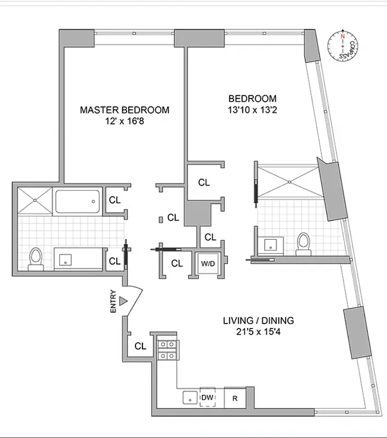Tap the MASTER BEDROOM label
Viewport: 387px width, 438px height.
124,110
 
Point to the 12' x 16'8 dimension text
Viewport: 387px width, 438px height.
124,122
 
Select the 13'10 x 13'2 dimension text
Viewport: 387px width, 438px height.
252,110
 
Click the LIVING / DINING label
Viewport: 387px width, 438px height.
258,320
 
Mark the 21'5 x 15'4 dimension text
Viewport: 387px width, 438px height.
258,332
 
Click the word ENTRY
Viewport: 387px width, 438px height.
113,301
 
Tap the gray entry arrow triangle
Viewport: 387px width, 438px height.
124,301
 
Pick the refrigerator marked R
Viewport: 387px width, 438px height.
235,398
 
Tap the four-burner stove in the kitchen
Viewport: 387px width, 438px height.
167,349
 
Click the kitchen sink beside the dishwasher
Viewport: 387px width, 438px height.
189,398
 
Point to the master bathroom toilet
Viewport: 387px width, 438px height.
36,258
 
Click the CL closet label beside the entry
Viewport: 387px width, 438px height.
140,346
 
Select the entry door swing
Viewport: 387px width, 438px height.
134,300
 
